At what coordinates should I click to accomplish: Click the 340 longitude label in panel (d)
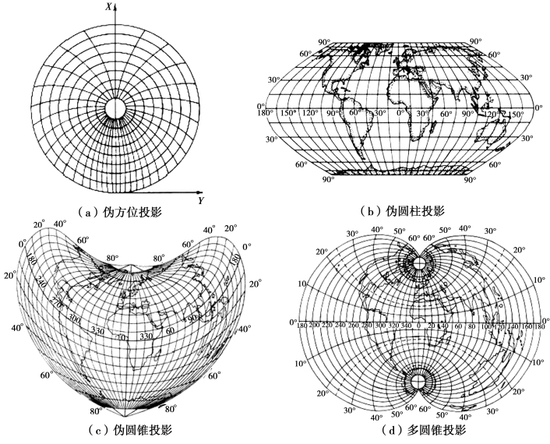(405, 326)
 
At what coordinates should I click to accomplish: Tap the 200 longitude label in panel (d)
(315, 326)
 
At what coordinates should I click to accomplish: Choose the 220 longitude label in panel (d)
(330, 326)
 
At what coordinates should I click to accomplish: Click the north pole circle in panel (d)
(419, 263)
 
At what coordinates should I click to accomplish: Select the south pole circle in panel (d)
(419, 381)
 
